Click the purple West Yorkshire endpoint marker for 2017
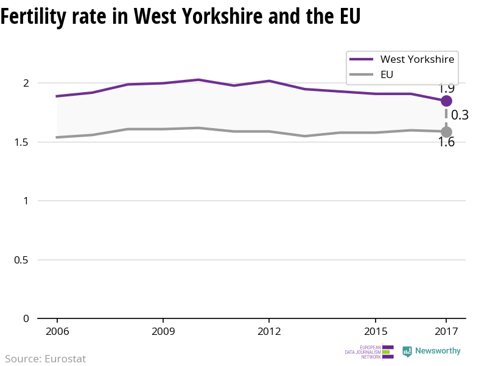click(x=446, y=101)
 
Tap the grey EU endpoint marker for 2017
click(x=446, y=132)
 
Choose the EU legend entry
click(x=387, y=74)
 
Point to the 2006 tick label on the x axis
click(x=57, y=331)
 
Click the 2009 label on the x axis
click(x=163, y=331)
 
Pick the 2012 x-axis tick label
click(x=269, y=331)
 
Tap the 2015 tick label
click(x=376, y=331)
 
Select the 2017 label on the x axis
click(x=446, y=331)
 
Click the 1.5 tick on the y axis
click(x=22, y=142)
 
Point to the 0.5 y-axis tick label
click(x=22, y=260)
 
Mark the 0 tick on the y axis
click(x=26, y=318)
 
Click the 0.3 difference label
click(x=460, y=115)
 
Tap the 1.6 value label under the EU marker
click(x=446, y=143)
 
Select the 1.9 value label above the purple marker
click(x=446, y=88)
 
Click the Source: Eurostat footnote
click(x=46, y=359)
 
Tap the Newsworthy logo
click(x=432, y=351)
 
